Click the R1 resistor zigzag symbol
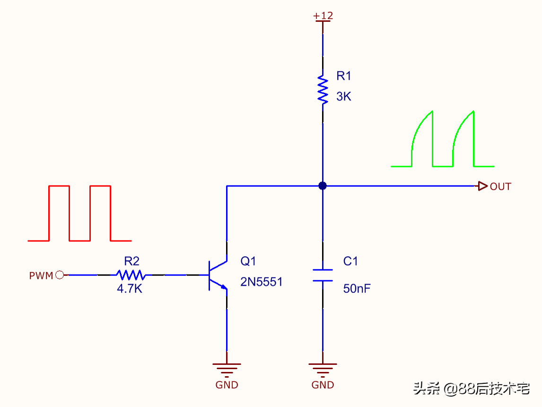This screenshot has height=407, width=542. point(323,89)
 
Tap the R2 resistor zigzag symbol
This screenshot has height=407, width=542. point(131,275)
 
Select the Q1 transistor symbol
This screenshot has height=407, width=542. point(218,275)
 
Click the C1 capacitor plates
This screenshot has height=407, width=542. point(323,275)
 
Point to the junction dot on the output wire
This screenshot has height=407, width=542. point(323,186)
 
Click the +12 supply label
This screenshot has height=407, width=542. point(323,16)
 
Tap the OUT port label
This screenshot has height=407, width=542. point(500,186)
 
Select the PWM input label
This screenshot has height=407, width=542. point(41,275)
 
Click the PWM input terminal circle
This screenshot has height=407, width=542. point(60,275)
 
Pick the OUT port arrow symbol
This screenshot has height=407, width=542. point(482,186)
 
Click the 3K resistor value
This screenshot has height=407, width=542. point(343,97)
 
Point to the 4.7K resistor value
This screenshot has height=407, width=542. point(130,288)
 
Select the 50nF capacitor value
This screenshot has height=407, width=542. point(357,288)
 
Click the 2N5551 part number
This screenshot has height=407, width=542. point(262,282)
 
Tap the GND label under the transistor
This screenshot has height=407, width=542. point(227,385)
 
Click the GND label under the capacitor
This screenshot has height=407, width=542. point(323,385)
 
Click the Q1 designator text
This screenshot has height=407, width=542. point(248,261)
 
